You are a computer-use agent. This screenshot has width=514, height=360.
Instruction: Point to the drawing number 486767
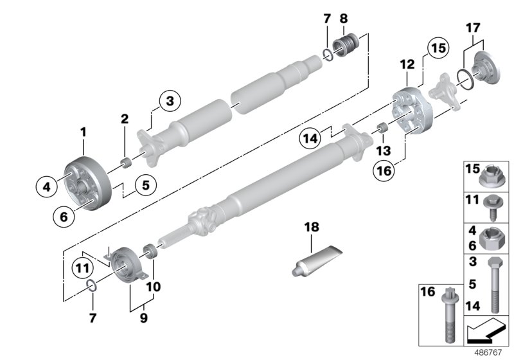tap(489, 352)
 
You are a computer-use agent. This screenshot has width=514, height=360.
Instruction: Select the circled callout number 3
tap(170, 101)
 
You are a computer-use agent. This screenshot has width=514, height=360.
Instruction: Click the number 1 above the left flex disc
tap(83, 132)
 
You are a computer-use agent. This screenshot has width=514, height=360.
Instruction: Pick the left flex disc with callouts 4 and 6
tap(83, 183)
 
